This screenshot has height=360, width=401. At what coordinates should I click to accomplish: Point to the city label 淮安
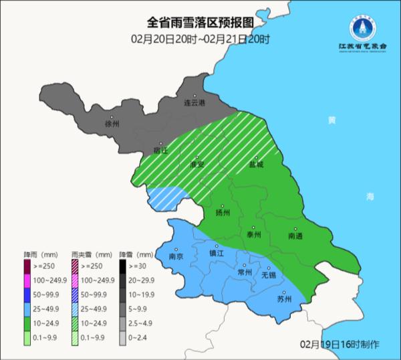[x=196, y=164]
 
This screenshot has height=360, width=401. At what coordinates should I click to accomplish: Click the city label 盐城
[x=256, y=164]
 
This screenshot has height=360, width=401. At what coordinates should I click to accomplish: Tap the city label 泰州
[x=253, y=235]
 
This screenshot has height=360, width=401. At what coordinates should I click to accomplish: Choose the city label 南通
[x=295, y=236]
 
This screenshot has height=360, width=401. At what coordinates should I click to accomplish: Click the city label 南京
[x=176, y=256]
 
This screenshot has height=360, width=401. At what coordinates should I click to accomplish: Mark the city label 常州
[x=245, y=272]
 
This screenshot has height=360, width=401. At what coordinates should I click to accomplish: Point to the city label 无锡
[x=268, y=275]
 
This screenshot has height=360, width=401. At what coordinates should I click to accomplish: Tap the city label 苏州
[x=284, y=299]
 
